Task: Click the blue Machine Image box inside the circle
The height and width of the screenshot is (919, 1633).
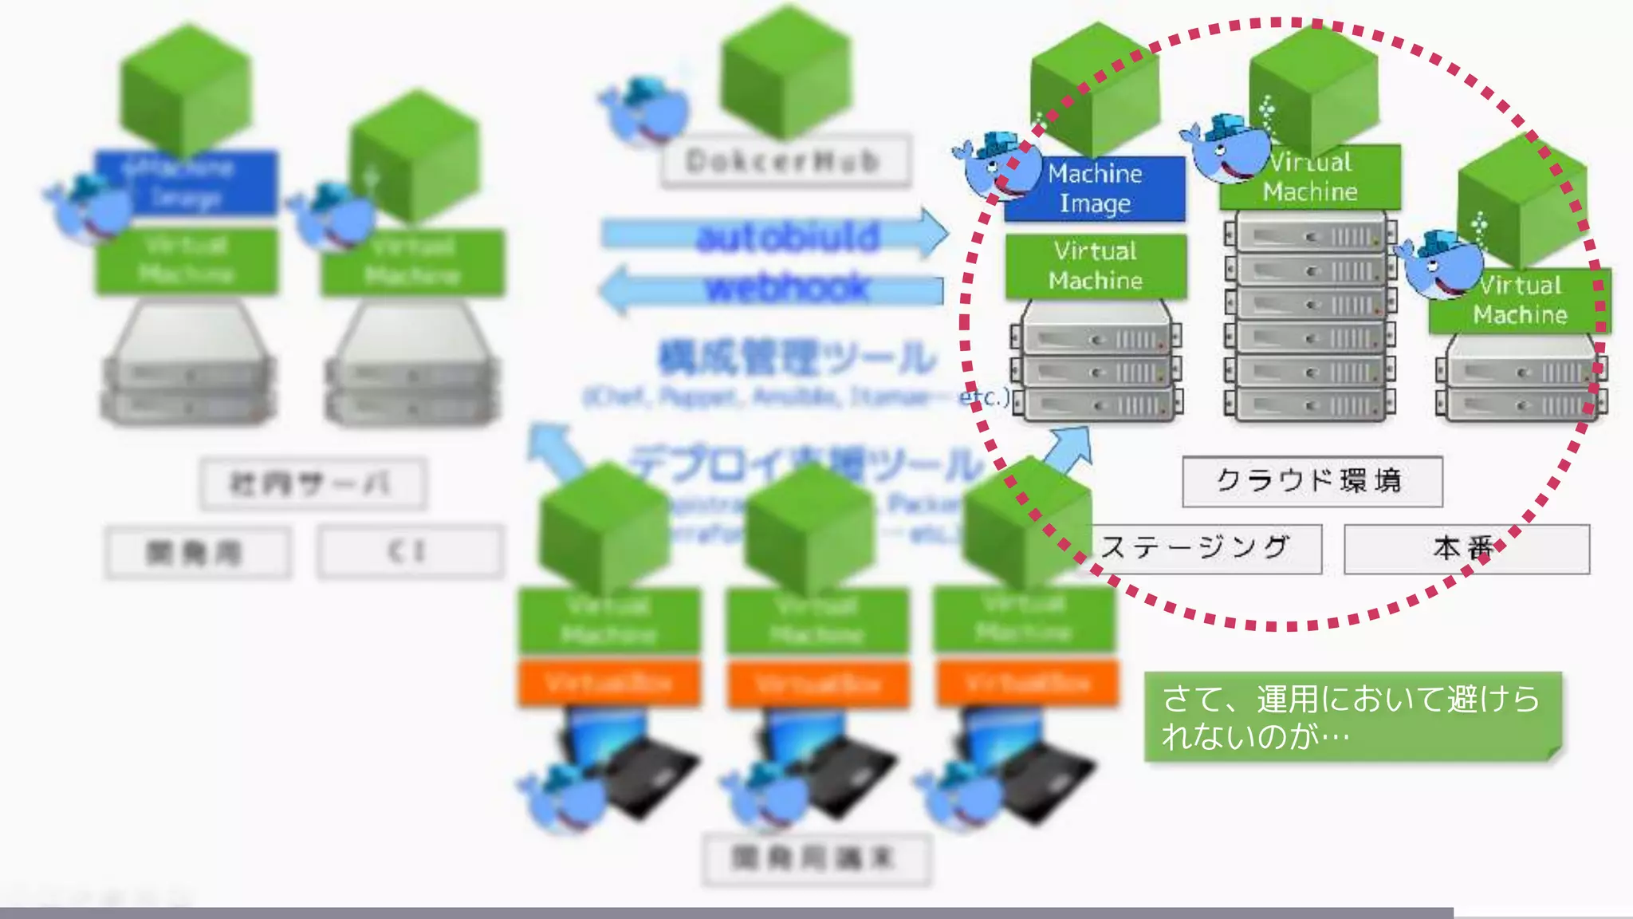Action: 1095,188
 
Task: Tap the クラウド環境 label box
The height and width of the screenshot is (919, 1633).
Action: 1312,481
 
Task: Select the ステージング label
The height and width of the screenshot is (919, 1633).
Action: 1196,549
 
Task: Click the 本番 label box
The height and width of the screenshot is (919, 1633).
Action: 1466,549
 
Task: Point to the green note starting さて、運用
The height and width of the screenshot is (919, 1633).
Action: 1352,716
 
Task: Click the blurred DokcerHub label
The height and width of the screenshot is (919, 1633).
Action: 785,162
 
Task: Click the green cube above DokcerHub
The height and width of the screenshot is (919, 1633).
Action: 785,72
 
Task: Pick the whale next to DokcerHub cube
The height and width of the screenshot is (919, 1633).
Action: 646,112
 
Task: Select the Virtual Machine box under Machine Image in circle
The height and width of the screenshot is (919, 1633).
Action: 1096,266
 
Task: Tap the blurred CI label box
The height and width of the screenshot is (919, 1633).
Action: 410,551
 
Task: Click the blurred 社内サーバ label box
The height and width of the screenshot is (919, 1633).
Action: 313,483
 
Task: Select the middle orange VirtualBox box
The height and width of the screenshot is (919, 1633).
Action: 817,684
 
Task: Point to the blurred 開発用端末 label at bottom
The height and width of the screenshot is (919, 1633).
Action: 816,859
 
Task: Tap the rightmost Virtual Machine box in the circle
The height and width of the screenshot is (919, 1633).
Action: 1520,301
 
